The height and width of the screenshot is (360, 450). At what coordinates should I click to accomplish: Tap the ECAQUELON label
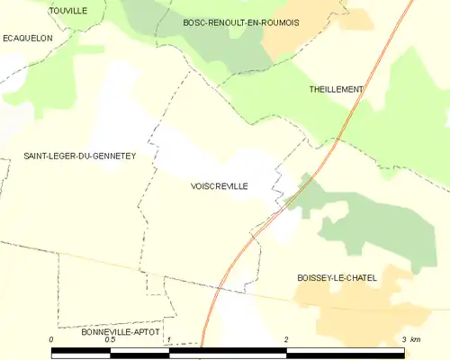[x=28, y=38]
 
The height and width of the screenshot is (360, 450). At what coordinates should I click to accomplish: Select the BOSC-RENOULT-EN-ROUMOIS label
[x=240, y=22]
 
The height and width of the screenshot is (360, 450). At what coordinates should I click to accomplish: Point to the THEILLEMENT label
[x=336, y=89]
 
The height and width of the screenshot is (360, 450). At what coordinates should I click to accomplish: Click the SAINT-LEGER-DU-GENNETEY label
[x=79, y=156]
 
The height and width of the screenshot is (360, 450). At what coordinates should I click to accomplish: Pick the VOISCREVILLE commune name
[x=220, y=186]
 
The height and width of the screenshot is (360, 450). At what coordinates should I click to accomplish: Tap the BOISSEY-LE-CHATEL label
[x=337, y=278]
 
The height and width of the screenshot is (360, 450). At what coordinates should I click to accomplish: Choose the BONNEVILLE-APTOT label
[x=120, y=332]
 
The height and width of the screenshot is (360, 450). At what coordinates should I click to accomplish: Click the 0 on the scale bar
[x=52, y=339]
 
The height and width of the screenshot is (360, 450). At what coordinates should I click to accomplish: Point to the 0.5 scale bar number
[x=110, y=339]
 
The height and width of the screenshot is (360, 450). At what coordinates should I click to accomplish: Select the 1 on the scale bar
[x=168, y=339]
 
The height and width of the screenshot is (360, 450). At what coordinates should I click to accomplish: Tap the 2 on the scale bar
[x=286, y=339]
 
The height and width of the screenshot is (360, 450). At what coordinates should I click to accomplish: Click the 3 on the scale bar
[x=403, y=339]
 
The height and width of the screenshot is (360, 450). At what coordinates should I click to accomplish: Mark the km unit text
[x=416, y=339]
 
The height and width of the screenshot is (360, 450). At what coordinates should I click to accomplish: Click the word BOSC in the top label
[x=194, y=22]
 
